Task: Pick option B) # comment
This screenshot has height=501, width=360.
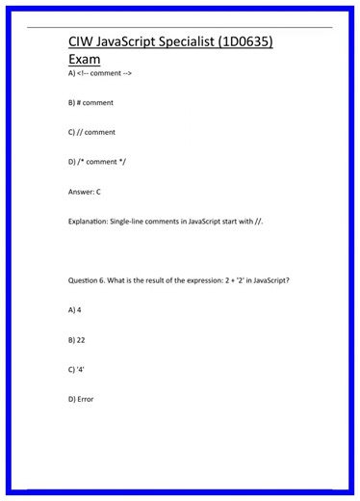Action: point(90,102)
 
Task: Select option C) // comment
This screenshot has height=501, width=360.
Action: point(91,132)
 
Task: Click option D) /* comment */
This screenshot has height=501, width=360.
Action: point(96,162)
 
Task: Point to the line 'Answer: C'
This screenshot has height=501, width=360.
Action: point(85,192)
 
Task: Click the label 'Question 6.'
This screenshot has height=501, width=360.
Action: point(90,280)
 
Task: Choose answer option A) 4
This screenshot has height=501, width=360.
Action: point(75,310)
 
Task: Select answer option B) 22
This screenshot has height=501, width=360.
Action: point(77,340)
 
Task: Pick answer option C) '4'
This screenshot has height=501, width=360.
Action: point(77,369)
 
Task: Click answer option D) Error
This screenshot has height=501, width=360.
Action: point(81,399)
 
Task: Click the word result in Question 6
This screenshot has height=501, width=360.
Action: point(146,280)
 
